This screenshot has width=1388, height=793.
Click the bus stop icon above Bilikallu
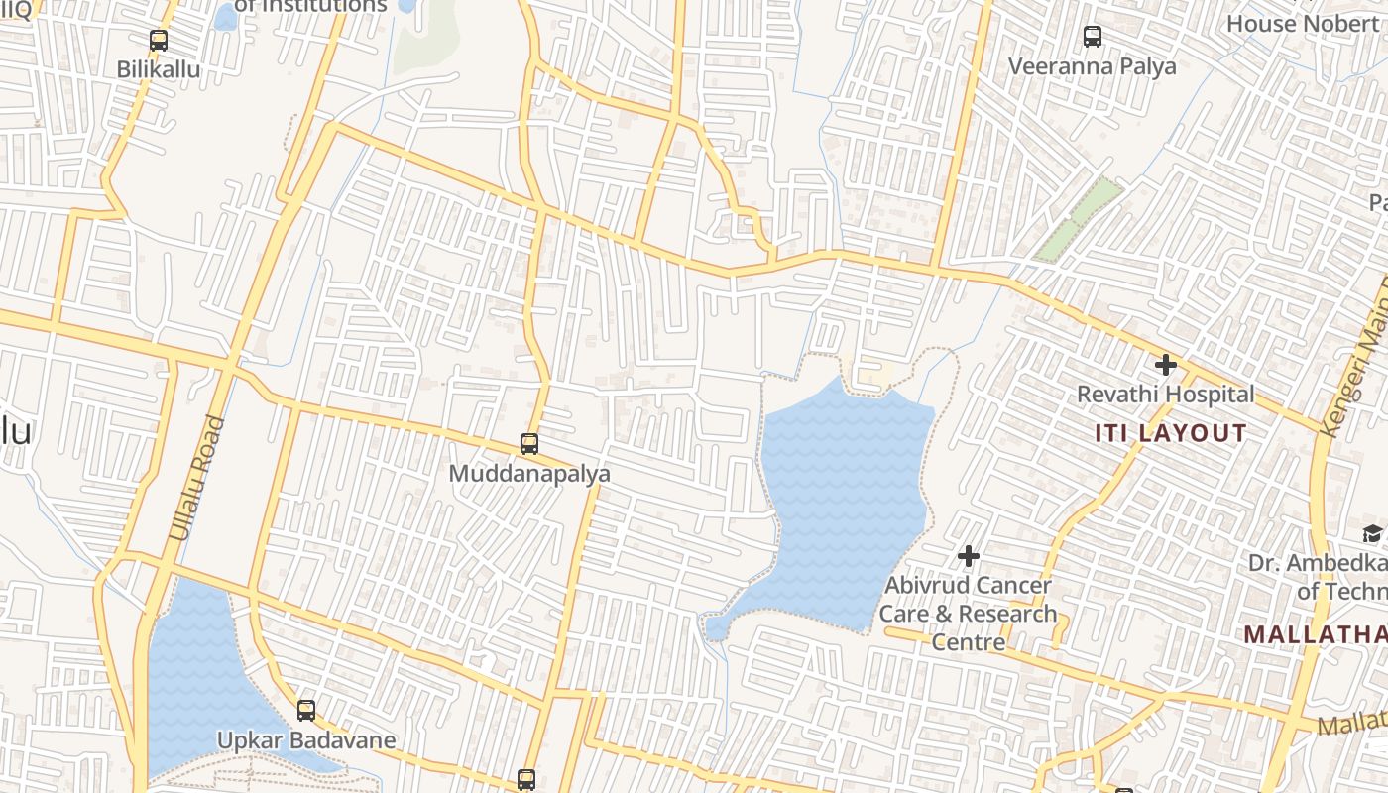coord(159,41)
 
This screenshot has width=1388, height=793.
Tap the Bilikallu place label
coord(159,69)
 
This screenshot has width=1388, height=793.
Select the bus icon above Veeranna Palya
coord(1093,37)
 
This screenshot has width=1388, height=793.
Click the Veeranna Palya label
coord(1093,66)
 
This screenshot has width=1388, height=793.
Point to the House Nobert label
coord(1303,23)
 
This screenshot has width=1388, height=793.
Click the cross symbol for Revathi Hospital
coord(1166,365)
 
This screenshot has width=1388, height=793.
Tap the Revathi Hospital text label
coord(1166,395)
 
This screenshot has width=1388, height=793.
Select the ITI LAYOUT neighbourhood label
coord(1171,433)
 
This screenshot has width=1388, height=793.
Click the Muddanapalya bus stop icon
coord(529,444)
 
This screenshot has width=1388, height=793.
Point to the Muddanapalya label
coord(529,474)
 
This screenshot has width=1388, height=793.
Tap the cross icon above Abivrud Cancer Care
coord(969,556)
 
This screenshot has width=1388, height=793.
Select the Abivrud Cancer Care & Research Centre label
coord(969,614)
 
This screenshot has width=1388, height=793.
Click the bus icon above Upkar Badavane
coord(306,710)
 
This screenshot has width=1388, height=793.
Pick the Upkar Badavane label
coord(306,740)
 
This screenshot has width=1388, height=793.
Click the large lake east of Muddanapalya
coord(843,496)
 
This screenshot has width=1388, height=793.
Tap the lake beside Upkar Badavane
coord(193,674)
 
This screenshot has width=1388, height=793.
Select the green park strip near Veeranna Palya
coord(1079,219)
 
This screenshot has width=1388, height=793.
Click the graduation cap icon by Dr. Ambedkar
coord(1372,534)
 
